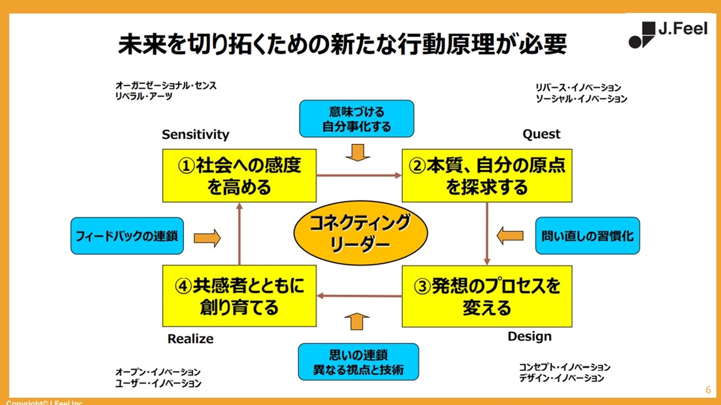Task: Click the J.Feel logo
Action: point(668,34)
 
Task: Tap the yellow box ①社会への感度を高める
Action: point(239,176)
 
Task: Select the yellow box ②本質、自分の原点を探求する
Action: point(487,176)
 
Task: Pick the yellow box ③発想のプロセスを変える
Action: point(487,296)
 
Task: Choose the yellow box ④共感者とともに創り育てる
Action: point(239,296)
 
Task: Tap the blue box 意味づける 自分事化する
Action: point(356,119)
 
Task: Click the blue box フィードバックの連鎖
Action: point(127,236)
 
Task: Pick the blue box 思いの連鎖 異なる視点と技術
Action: point(358,362)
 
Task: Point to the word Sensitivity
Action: point(195,134)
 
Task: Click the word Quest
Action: point(541,134)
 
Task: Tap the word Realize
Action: point(190,339)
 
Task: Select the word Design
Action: point(529,336)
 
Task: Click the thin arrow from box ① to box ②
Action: point(359,175)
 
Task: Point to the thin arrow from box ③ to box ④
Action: point(359,296)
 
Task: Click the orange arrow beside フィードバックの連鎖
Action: point(207,238)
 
